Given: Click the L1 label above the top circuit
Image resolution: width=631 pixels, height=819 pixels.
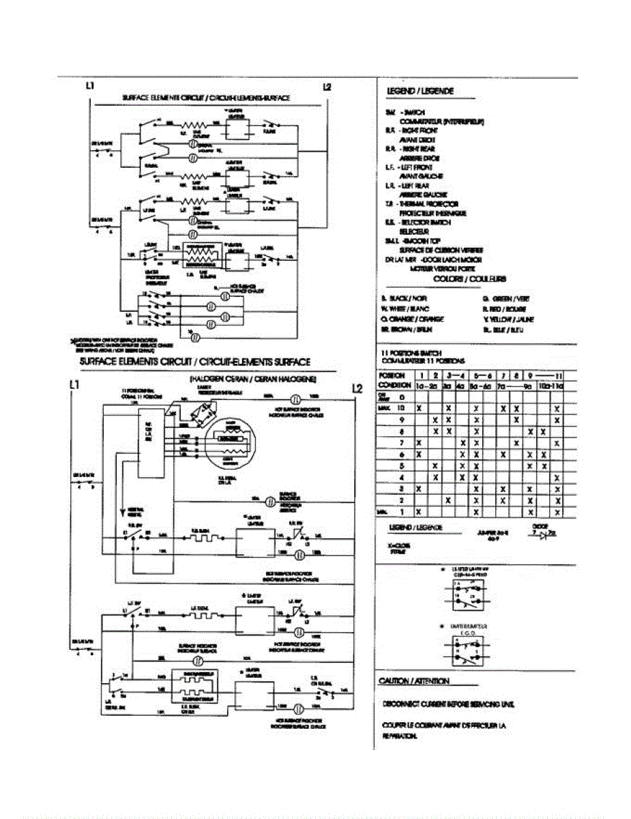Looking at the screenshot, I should click(90, 87).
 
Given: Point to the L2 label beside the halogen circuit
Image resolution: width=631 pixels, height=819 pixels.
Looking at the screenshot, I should click(356, 388).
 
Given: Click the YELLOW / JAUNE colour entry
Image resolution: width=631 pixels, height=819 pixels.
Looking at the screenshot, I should click(508, 319).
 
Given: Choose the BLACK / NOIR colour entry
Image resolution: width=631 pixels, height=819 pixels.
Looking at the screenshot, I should click(404, 299).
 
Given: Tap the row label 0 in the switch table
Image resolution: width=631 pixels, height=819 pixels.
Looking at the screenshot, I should click(402, 396).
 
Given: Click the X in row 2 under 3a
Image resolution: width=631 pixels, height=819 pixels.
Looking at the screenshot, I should click(448, 500).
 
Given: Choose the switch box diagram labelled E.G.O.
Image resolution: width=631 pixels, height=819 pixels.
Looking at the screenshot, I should click(464, 647).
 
